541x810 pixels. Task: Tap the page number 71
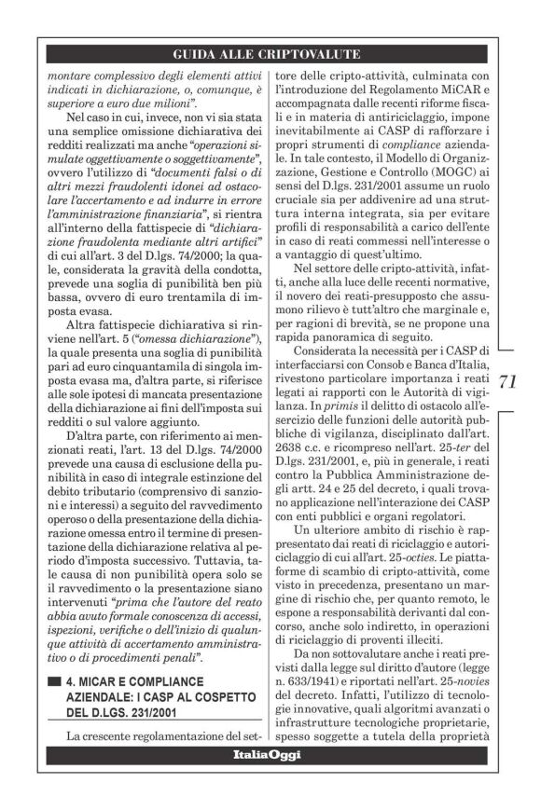tap(508, 381)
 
